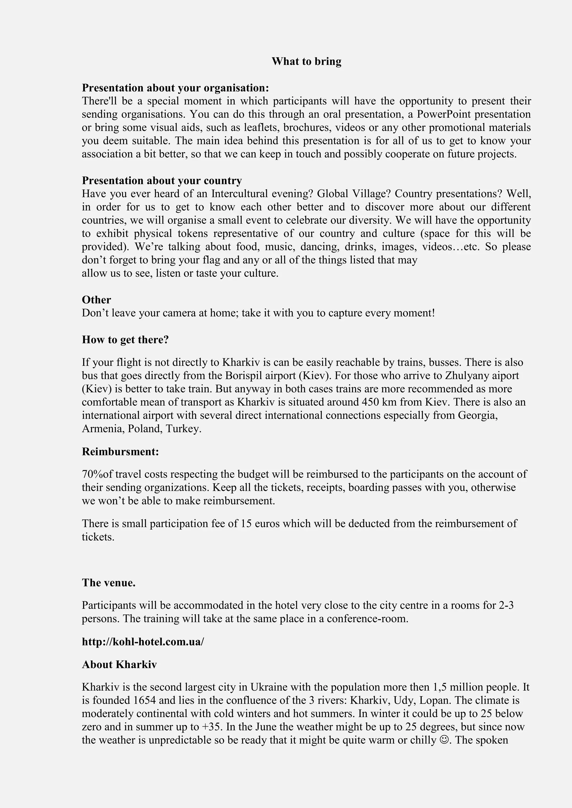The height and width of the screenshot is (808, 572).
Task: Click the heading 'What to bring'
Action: (306, 62)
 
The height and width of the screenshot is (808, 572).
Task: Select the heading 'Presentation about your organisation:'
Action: (175, 88)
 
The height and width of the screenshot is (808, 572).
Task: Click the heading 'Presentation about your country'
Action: (162, 181)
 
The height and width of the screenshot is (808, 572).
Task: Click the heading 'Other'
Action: (96, 300)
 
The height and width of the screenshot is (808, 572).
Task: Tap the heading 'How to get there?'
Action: (125, 340)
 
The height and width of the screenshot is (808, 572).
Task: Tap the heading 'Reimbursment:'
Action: (120, 451)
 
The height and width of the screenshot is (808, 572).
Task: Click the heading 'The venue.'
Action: (108, 583)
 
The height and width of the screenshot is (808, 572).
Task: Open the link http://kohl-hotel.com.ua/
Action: (143, 641)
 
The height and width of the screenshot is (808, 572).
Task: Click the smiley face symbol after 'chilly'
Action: (444, 740)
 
